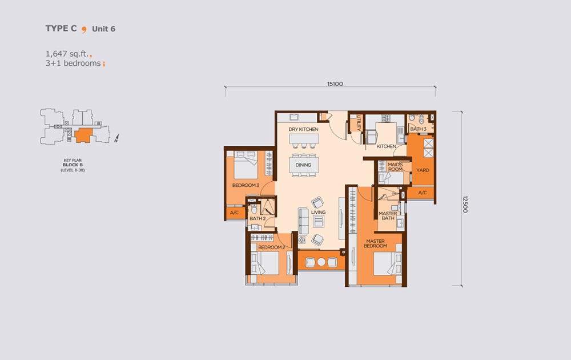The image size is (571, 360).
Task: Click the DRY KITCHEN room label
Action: click(303, 130)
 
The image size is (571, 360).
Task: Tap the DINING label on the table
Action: click(303, 165)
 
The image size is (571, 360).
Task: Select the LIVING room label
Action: click(318, 213)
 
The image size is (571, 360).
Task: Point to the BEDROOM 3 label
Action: click(246, 186)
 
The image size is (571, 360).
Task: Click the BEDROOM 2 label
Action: click(271, 247)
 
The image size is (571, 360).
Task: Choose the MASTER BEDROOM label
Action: click(377, 243)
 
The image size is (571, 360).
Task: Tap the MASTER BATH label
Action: click(388, 215)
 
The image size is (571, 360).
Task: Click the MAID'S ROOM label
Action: click(395, 167)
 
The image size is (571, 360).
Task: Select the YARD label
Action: click(423, 170)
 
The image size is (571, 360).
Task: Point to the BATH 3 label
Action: click(418, 129)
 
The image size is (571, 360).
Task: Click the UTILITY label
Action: click(358, 123)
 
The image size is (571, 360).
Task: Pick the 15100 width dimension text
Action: click(335, 84)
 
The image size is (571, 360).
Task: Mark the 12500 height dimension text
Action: click(465, 204)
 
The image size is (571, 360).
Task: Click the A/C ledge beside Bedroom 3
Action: click(234, 213)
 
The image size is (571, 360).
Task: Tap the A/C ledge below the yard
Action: click(423, 193)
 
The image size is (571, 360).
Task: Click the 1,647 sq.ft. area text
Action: click(67, 54)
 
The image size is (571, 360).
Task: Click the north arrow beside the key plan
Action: click(116, 138)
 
